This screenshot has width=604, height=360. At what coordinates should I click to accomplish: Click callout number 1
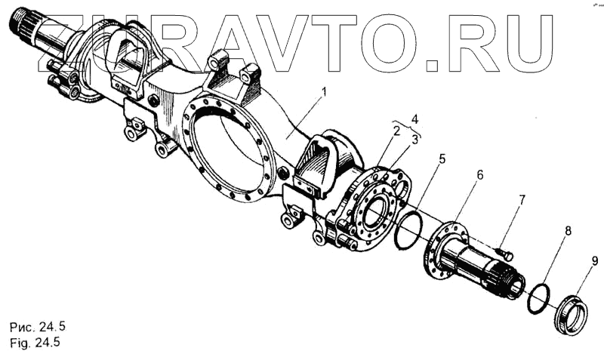(x=325, y=93)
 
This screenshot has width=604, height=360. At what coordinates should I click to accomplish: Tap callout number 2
(x=396, y=131)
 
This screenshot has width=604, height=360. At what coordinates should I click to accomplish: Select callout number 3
(x=414, y=140)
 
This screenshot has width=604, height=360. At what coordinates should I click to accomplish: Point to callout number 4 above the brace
(x=414, y=118)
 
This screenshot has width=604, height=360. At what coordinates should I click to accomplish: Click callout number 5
(x=442, y=158)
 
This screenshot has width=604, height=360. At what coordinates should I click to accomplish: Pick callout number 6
(x=479, y=174)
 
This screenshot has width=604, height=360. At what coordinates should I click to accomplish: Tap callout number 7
(x=522, y=200)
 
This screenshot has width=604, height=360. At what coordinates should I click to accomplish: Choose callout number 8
(x=568, y=231)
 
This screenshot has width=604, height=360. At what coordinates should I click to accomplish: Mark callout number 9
(x=595, y=262)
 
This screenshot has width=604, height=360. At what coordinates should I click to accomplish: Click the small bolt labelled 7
(x=504, y=254)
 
